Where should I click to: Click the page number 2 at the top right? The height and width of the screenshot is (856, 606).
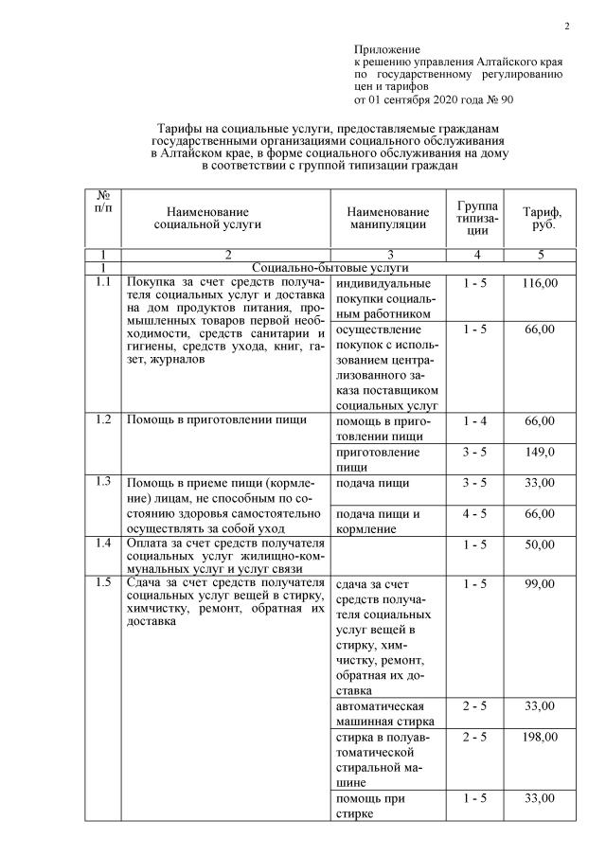click(x=566, y=26)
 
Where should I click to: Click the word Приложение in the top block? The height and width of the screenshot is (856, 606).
click(x=386, y=48)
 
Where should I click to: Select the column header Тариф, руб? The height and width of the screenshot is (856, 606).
click(x=542, y=218)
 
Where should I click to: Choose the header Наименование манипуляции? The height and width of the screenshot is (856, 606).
click(x=387, y=218)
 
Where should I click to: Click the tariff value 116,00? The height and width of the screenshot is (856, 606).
click(x=541, y=283)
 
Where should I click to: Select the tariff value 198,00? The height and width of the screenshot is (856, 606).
click(x=541, y=736)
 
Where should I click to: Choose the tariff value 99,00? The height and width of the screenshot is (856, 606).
click(x=541, y=583)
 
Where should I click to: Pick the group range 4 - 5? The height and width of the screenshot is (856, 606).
click(x=475, y=513)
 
